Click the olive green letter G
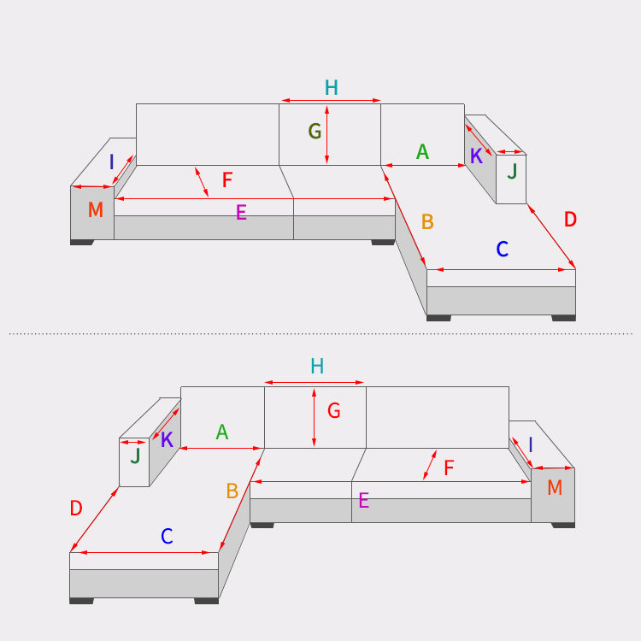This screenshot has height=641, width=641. [315, 132]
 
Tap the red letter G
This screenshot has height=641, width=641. [334, 410]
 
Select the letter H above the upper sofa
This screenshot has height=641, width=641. [331, 87]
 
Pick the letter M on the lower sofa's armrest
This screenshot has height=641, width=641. [555, 487]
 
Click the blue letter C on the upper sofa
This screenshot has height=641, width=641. [503, 249]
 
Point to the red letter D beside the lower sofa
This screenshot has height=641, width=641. [76, 509]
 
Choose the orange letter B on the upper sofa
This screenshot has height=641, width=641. [427, 221]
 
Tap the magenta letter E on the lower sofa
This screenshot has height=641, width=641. [364, 500]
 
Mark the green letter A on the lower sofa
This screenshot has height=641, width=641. [222, 432]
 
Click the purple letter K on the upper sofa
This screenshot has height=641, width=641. [476, 156]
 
